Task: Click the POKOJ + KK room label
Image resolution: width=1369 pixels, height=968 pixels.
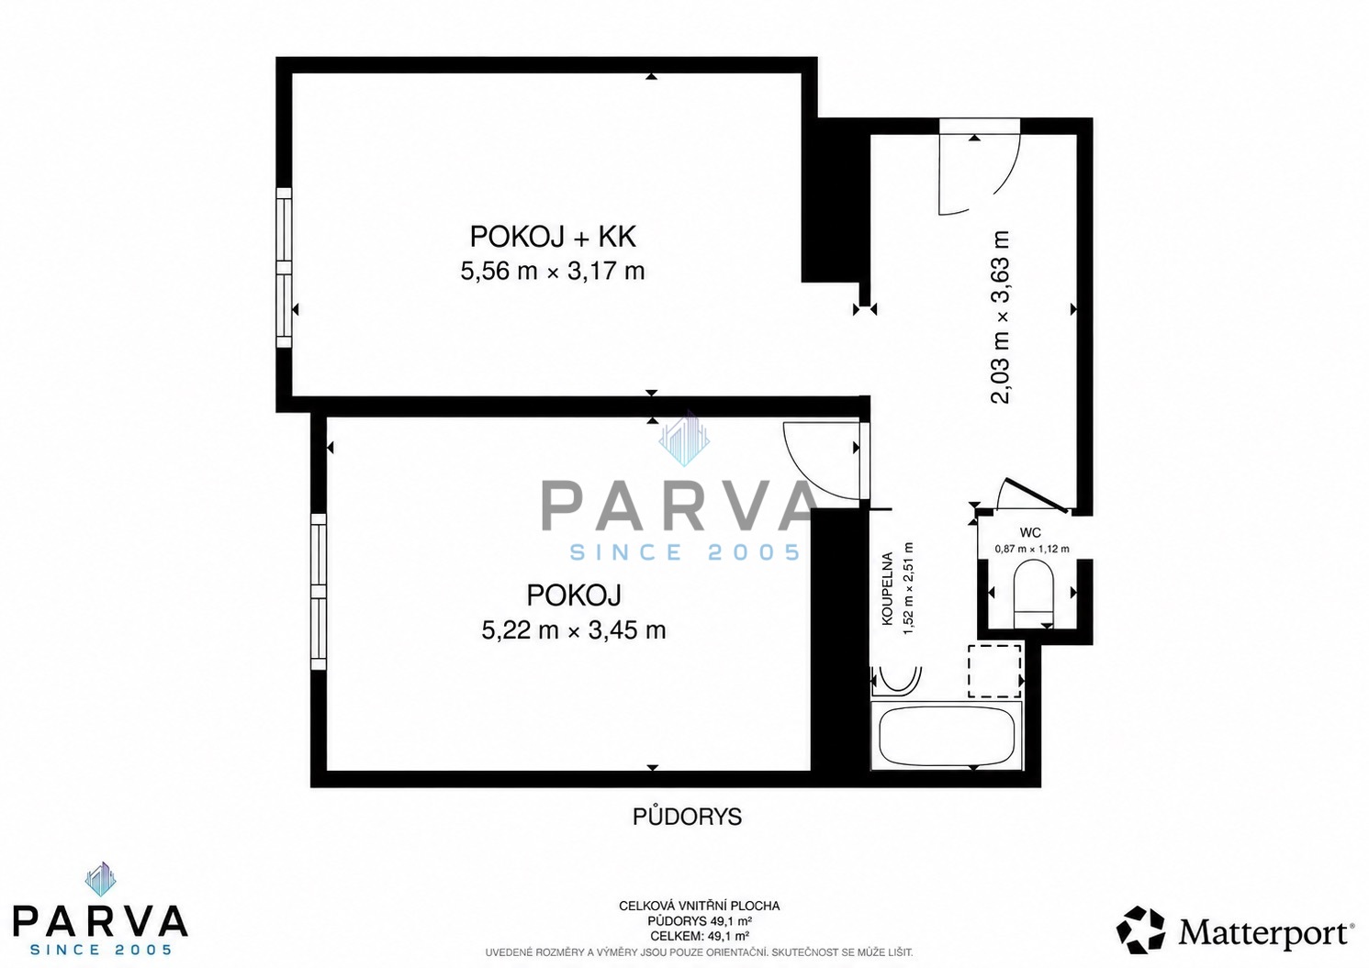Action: click(x=553, y=237)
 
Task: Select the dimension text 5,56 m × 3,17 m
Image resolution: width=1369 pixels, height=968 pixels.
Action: click(x=553, y=272)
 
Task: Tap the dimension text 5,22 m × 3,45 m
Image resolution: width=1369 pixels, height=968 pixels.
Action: click(x=573, y=629)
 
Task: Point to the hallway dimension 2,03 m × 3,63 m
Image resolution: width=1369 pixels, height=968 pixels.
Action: click(x=999, y=317)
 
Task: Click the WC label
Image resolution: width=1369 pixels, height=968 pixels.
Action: click(x=1030, y=533)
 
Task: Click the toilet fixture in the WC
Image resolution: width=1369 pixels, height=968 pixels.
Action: click(x=1033, y=595)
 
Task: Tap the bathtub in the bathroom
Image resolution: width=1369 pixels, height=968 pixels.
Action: click(x=947, y=737)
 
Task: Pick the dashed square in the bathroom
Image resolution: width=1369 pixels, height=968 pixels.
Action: click(x=994, y=671)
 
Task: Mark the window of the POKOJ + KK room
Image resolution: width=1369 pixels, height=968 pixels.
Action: click(x=285, y=268)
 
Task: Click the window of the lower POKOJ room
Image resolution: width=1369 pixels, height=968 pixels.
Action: click(x=319, y=592)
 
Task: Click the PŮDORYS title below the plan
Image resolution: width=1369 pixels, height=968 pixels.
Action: click(x=687, y=818)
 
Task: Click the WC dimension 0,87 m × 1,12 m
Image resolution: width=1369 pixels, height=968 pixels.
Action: click(x=1032, y=549)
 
